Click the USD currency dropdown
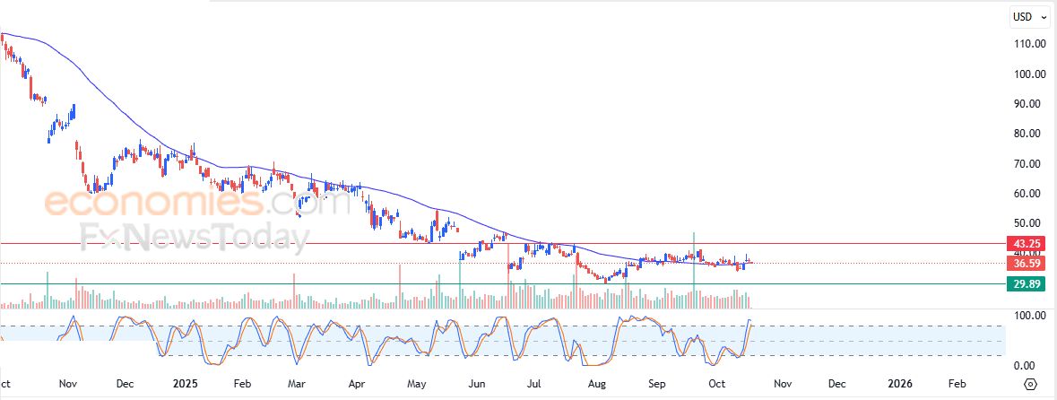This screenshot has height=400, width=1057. click(1027, 16)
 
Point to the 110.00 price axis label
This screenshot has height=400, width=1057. click(1028, 44)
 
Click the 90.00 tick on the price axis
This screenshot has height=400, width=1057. click(1028, 103)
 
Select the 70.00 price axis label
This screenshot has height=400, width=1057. click(1028, 163)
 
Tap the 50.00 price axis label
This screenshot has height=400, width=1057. click(1028, 223)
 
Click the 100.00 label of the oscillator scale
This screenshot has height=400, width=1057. click(1028, 316)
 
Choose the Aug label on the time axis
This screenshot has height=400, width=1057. click(596, 383)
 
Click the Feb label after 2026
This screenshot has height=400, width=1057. click(957, 383)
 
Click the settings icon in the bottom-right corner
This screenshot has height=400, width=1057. click(1029, 384)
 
